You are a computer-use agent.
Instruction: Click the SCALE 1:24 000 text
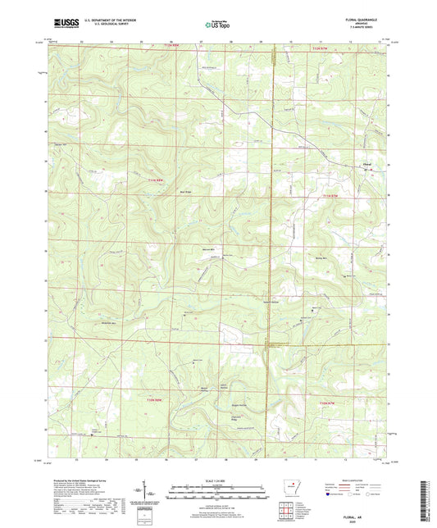click(217, 480)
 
